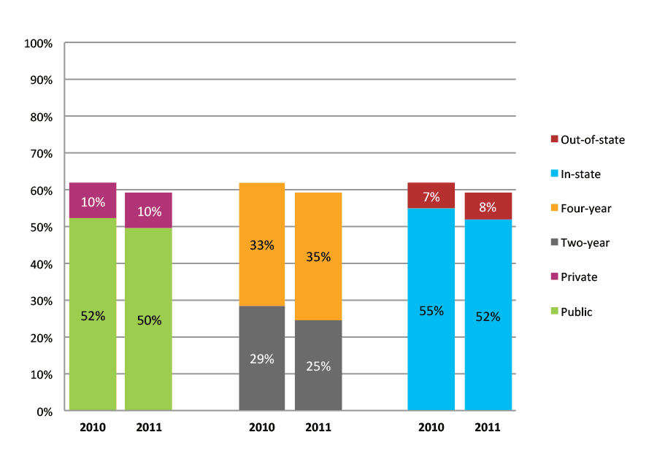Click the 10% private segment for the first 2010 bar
pyautogui.click(x=93, y=201)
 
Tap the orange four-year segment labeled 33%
pyautogui.click(x=261, y=245)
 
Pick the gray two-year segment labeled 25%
pyautogui.click(x=318, y=366)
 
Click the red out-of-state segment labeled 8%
pyautogui.click(x=488, y=206)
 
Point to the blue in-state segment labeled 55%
pyautogui.click(x=431, y=310)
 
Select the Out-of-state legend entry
pyautogui.click(x=588, y=139)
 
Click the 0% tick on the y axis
pyautogui.click(x=45, y=411)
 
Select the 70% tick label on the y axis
pyautogui.click(x=41, y=153)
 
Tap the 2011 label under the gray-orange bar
pyautogui.click(x=318, y=428)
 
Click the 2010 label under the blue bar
pyautogui.click(x=431, y=428)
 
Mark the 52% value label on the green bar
pyautogui.click(x=93, y=316)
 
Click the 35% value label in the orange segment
pyautogui.click(x=318, y=257)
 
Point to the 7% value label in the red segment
pyautogui.click(x=431, y=197)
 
